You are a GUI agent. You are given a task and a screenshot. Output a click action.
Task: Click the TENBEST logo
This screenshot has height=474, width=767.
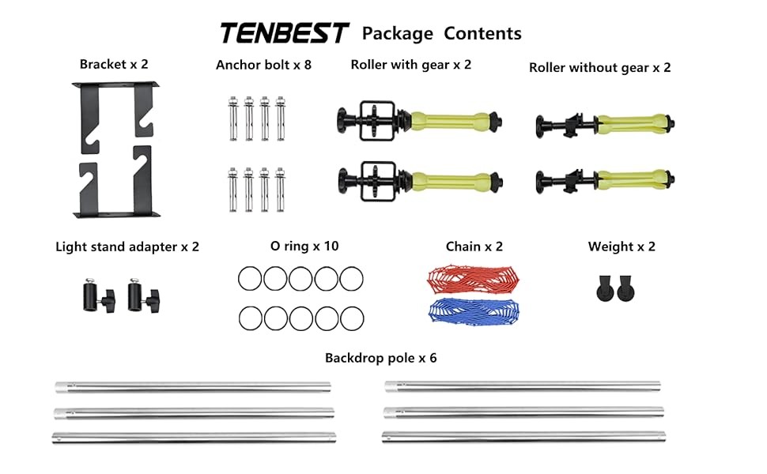pyautogui.click(x=284, y=33)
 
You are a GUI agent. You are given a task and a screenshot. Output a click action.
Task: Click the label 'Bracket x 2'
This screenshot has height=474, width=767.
pyautogui.click(x=114, y=64)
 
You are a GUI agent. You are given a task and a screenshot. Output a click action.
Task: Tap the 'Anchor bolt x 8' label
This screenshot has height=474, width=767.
pyautogui.click(x=263, y=65)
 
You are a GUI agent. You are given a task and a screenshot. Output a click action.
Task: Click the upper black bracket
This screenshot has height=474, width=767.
pyautogui.click(x=116, y=115)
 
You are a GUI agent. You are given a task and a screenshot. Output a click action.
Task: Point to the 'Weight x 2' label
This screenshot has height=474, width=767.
pyautogui.click(x=622, y=246)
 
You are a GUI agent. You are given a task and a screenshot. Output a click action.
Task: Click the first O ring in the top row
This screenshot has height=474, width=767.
pyautogui.click(x=250, y=279)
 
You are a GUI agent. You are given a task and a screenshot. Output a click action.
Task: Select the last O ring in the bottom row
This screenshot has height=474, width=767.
pyautogui.click(x=352, y=318)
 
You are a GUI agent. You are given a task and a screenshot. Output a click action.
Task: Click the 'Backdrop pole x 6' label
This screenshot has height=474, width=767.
pyautogui.click(x=380, y=358)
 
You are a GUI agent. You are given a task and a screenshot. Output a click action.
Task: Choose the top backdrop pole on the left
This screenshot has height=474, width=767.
pyautogui.click(x=193, y=387)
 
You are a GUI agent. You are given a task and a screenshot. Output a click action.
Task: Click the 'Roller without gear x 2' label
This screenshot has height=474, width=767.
pyautogui.click(x=599, y=68)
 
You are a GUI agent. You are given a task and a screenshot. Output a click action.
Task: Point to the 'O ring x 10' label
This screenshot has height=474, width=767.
pyautogui.click(x=304, y=246)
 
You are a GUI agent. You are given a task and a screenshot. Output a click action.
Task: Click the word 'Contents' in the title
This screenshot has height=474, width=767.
pyautogui.click(x=482, y=33)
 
